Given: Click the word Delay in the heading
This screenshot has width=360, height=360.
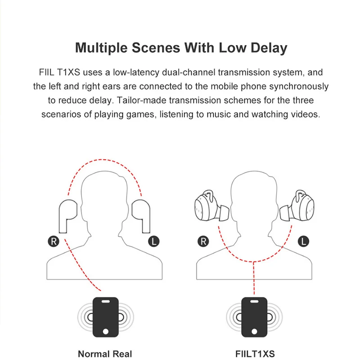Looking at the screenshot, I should tap(266, 48).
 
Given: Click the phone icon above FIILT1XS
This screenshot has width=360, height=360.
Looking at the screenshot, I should tap(255, 317).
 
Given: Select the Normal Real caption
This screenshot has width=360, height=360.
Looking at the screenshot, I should tap(105, 354).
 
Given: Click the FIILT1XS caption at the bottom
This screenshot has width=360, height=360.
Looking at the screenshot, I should tap(255, 354).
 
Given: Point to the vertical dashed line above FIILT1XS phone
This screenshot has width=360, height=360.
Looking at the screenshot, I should tap(255, 279).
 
